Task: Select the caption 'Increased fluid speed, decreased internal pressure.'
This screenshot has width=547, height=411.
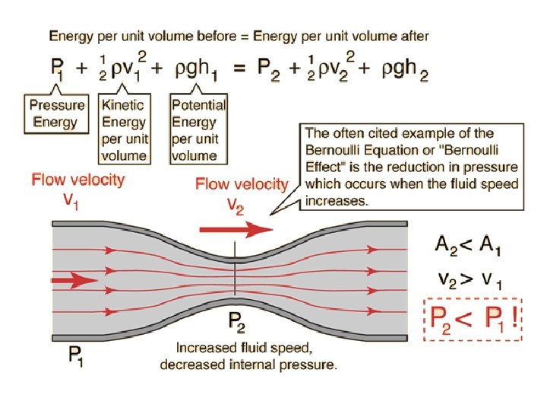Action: pyautogui.click(x=248, y=356)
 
